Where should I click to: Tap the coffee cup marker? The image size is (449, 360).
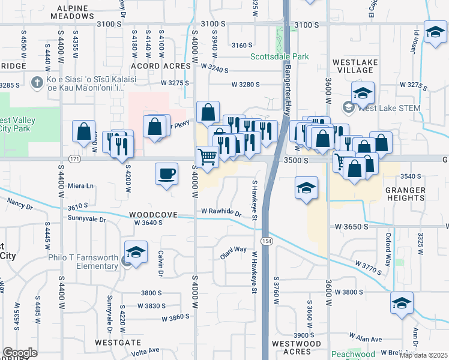(x=166, y=174)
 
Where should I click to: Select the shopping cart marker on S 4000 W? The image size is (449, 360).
(x=207, y=157)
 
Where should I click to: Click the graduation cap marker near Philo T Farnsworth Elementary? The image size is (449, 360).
(x=136, y=253)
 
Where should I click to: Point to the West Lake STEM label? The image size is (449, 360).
(x=388, y=108)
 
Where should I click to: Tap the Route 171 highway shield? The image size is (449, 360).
(x=74, y=159)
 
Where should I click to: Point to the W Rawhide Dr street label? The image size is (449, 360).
(x=221, y=212)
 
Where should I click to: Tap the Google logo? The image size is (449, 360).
(x=20, y=353)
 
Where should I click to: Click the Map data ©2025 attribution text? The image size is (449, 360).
(x=423, y=355)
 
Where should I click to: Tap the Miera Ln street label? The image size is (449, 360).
(x=81, y=185)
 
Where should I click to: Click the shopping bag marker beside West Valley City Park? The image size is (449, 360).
(x=83, y=131)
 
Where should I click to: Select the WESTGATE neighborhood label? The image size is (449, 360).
(x=118, y=342)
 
